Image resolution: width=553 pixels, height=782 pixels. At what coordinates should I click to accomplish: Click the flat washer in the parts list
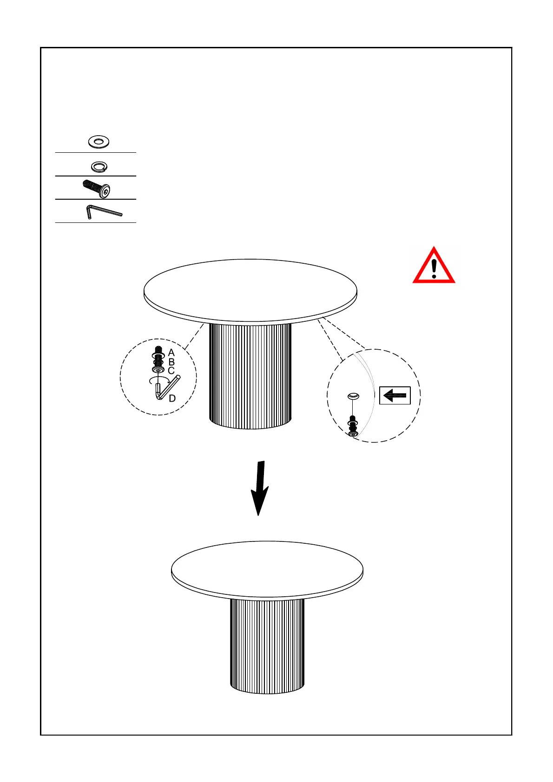[x=99, y=142]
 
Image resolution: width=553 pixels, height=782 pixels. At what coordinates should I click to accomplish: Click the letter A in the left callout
[x=171, y=353]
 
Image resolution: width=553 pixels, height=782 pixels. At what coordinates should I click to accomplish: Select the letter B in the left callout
[x=171, y=362]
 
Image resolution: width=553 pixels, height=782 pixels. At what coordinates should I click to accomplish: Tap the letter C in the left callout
[x=171, y=371]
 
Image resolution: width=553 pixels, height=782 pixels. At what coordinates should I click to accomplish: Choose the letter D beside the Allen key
[x=172, y=398]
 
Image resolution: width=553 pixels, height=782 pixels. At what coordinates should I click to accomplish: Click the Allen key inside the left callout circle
[x=167, y=388]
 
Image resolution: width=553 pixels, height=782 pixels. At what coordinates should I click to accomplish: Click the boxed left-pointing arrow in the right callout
[x=395, y=396]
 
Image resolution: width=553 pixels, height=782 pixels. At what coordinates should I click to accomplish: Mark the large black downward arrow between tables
[x=260, y=488]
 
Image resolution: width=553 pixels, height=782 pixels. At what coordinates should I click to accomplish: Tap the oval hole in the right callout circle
[x=354, y=396]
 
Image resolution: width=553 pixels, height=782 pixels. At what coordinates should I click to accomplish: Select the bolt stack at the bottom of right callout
[x=353, y=426]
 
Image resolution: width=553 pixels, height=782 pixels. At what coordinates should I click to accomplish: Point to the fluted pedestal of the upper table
[x=250, y=376]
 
